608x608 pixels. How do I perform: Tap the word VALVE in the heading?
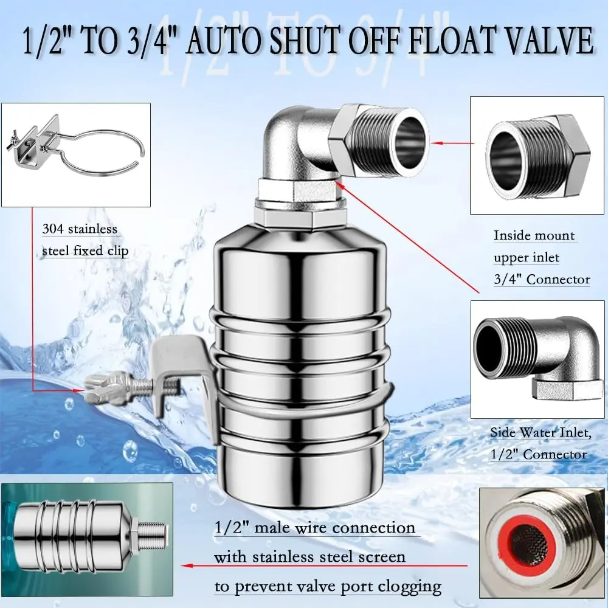[548, 40]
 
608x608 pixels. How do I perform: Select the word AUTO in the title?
[224, 40]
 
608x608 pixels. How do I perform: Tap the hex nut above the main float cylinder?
[283, 216]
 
